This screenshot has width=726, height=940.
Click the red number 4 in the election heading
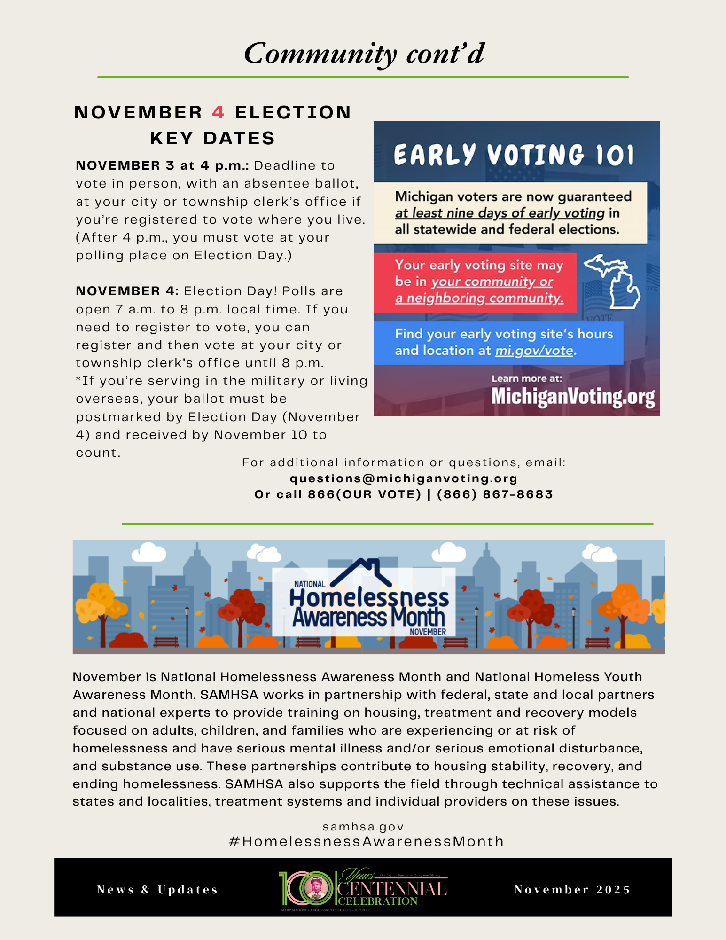[218, 113]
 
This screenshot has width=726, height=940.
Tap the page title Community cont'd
[364, 53]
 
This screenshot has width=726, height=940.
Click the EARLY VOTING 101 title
[514, 155]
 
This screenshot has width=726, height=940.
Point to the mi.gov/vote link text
[535, 351]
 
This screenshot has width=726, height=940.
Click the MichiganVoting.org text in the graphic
[573, 397]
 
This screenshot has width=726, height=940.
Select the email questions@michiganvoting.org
[404, 478]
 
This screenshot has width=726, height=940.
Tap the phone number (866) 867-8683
[495, 494]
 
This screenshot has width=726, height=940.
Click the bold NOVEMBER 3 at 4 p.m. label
[162, 165]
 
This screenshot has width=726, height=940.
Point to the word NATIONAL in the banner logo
[309, 584]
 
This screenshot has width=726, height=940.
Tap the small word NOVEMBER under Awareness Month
[428, 632]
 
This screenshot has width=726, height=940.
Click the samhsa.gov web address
[363, 827]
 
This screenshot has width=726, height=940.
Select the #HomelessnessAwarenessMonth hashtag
[366, 841]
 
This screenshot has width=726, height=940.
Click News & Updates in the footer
[157, 890]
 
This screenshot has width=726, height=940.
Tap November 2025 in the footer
[572, 890]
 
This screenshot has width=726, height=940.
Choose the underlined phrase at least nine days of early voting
[500, 213]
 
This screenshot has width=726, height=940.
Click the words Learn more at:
[526, 378]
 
